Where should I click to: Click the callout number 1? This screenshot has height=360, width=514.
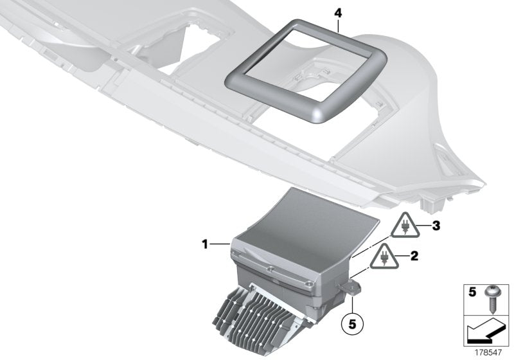pyautogui.click(x=204, y=244)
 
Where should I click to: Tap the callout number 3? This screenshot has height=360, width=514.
pyautogui.click(x=436, y=226)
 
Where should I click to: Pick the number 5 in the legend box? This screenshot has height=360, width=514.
pyautogui.click(x=472, y=292)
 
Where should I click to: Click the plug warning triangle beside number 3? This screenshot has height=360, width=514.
pyautogui.click(x=405, y=228)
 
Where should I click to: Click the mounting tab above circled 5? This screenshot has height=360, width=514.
pyautogui.click(x=353, y=286)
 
